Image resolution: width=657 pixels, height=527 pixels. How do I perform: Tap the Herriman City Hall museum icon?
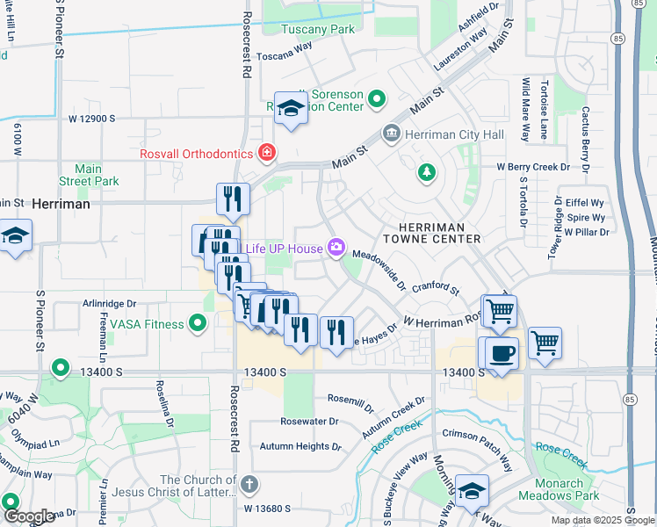tap(391, 134)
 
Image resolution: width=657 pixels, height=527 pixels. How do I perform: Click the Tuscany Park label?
tap(317, 29)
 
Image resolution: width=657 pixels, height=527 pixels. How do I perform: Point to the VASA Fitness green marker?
tap(199, 324)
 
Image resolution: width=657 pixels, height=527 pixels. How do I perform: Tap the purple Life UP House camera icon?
tap(336, 249)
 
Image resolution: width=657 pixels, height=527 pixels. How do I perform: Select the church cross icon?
tap(250, 483)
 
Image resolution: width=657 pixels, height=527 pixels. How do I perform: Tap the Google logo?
tap(28, 516)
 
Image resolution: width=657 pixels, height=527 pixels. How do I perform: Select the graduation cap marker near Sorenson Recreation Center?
tap(291, 108)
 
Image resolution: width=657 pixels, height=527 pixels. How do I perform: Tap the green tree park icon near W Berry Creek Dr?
tap(426, 171)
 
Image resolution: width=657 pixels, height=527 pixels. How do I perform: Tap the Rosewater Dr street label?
tap(309, 422)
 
